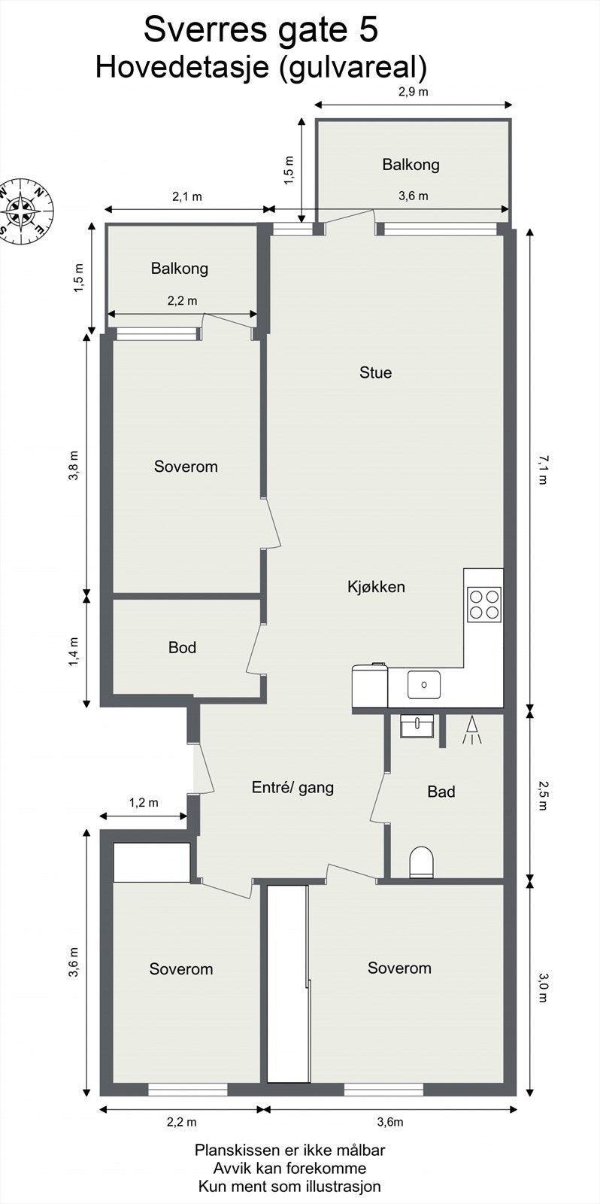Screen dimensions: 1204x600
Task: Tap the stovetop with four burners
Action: [x=483, y=604]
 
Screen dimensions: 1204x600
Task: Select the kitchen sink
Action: [x=425, y=685]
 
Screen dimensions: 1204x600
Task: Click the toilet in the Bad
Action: [x=422, y=862]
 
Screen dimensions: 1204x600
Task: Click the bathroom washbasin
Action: [x=417, y=726]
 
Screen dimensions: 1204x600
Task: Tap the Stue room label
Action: [x=375, y=372]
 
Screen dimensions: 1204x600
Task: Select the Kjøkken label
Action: [x=376, y=587]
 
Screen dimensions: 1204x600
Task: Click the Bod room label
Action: [x=182, y=647]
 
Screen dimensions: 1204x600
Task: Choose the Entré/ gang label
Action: [x=292, y=788]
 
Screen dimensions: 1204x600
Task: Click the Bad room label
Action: [x=441, y=792]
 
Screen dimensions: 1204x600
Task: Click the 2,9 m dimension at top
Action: [x=413, y=93]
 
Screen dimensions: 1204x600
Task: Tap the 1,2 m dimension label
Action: [x=143, y=802]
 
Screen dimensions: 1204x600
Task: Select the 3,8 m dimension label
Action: [x=73, y=466]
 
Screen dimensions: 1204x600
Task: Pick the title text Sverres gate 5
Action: [x=260, y=31]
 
